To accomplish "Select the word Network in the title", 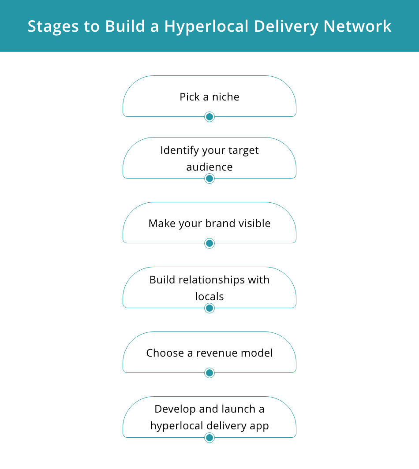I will pyautogui.click(x=357, y=26).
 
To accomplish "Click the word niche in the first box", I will pyautogui.click(x=226, y=97).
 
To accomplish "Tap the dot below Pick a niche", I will pyautogui.click(x=209, y=117).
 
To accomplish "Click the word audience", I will pyautogui.click(x=209, y=167).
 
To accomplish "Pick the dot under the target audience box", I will pyautogui.click(x=209, y=179).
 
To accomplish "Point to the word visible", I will pyautogui.click(x=254, y=223).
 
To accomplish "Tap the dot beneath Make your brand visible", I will pyautogui.click(x=209, y=243).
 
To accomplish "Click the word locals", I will pyautogui.click(x=209, y=297).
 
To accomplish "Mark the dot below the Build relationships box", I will pyautogui.click(x=209, y=308).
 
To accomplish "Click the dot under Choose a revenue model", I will pyautogui.click(x=209, y=373).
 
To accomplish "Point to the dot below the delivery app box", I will pyautogui.click(x=209, y=438).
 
